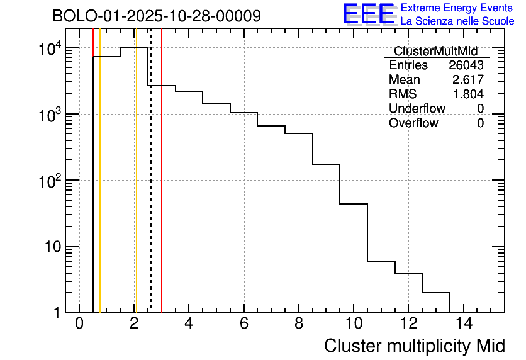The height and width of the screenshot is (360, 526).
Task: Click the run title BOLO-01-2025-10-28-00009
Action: click(157, 16)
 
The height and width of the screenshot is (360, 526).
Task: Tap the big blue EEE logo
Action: click(368, 14)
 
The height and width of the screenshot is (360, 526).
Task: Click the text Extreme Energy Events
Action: click(457, 8)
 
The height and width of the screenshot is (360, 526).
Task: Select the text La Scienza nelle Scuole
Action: click(457, 21)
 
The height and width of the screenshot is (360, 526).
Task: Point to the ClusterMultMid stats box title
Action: click(435, 51)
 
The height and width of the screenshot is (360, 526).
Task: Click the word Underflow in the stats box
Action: click(417, 109)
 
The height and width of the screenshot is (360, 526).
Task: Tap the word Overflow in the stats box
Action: click(413, 123)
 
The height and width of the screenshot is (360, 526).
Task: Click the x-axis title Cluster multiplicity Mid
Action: click(414, 346)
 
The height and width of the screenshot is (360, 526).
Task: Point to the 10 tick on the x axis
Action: click(354, 324)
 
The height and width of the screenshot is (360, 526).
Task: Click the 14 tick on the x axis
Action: click(464, 324)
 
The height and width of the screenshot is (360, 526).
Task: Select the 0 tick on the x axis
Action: click(79, 324)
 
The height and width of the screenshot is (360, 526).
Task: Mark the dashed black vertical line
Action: click(151, 189)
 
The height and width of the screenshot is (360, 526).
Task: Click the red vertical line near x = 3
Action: click(162, 189)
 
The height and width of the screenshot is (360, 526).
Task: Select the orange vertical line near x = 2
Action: click(135, 189)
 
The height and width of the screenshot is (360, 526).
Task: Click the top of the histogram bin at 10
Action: click(354, 204)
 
